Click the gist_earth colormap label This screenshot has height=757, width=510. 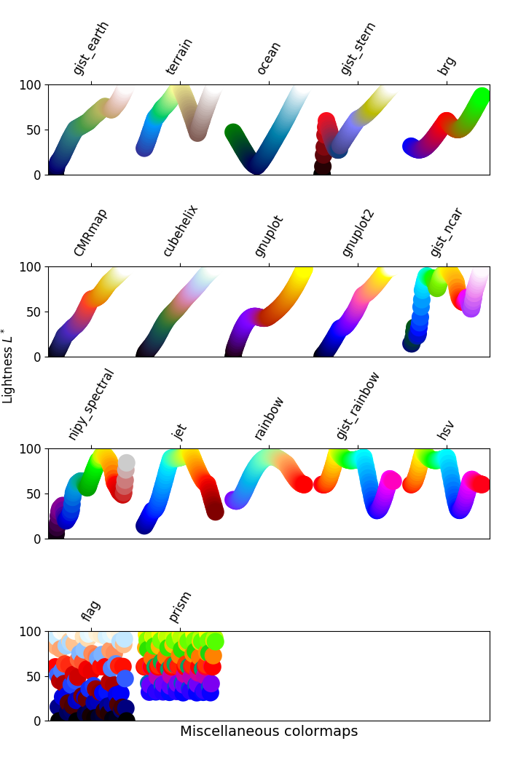91,48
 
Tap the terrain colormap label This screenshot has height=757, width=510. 179,56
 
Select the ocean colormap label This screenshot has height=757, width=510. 269,58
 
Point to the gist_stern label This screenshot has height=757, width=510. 358,48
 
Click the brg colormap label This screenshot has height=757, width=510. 447,65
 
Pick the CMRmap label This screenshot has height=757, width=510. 91,232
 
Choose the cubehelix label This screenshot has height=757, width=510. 180,230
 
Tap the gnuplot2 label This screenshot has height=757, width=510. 358,232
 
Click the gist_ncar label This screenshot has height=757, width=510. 447,231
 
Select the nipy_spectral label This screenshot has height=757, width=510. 91,404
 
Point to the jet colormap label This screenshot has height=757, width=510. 179,432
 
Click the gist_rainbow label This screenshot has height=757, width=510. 358,405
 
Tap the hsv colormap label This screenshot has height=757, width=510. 446,429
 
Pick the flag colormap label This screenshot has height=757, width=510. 91,610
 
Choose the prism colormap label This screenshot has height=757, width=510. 181,606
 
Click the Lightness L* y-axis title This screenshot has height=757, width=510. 9,365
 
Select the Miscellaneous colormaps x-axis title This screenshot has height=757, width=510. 269,732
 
